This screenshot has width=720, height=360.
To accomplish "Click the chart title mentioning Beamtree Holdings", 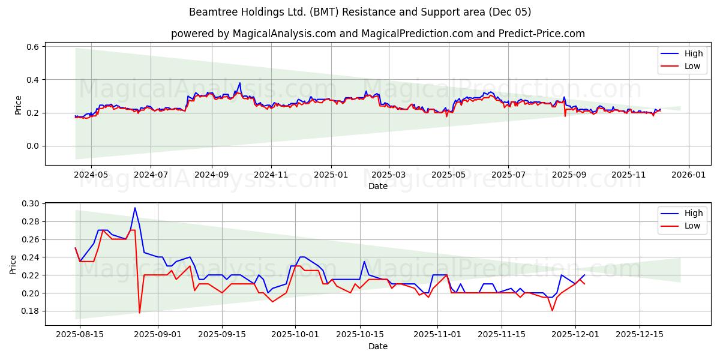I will point(360,12).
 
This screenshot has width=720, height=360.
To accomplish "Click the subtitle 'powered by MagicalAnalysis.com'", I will point(378,34).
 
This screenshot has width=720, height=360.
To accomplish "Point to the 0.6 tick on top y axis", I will point(33,47).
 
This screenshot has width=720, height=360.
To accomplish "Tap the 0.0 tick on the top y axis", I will point(33,146).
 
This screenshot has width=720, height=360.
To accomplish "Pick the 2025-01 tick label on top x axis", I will point(331,175).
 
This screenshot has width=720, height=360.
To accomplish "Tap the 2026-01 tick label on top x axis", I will point(688,175).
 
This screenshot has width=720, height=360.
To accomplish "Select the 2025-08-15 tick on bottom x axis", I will point(80,334).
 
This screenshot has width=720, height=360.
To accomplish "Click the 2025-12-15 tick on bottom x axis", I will point(640,334).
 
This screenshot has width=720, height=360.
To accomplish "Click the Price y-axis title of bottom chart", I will point(14,264).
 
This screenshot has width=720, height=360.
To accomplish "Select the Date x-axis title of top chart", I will point(378,186).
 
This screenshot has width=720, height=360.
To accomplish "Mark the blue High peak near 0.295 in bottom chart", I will point(135,208).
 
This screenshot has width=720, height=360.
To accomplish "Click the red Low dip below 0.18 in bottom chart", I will point(140,313).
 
